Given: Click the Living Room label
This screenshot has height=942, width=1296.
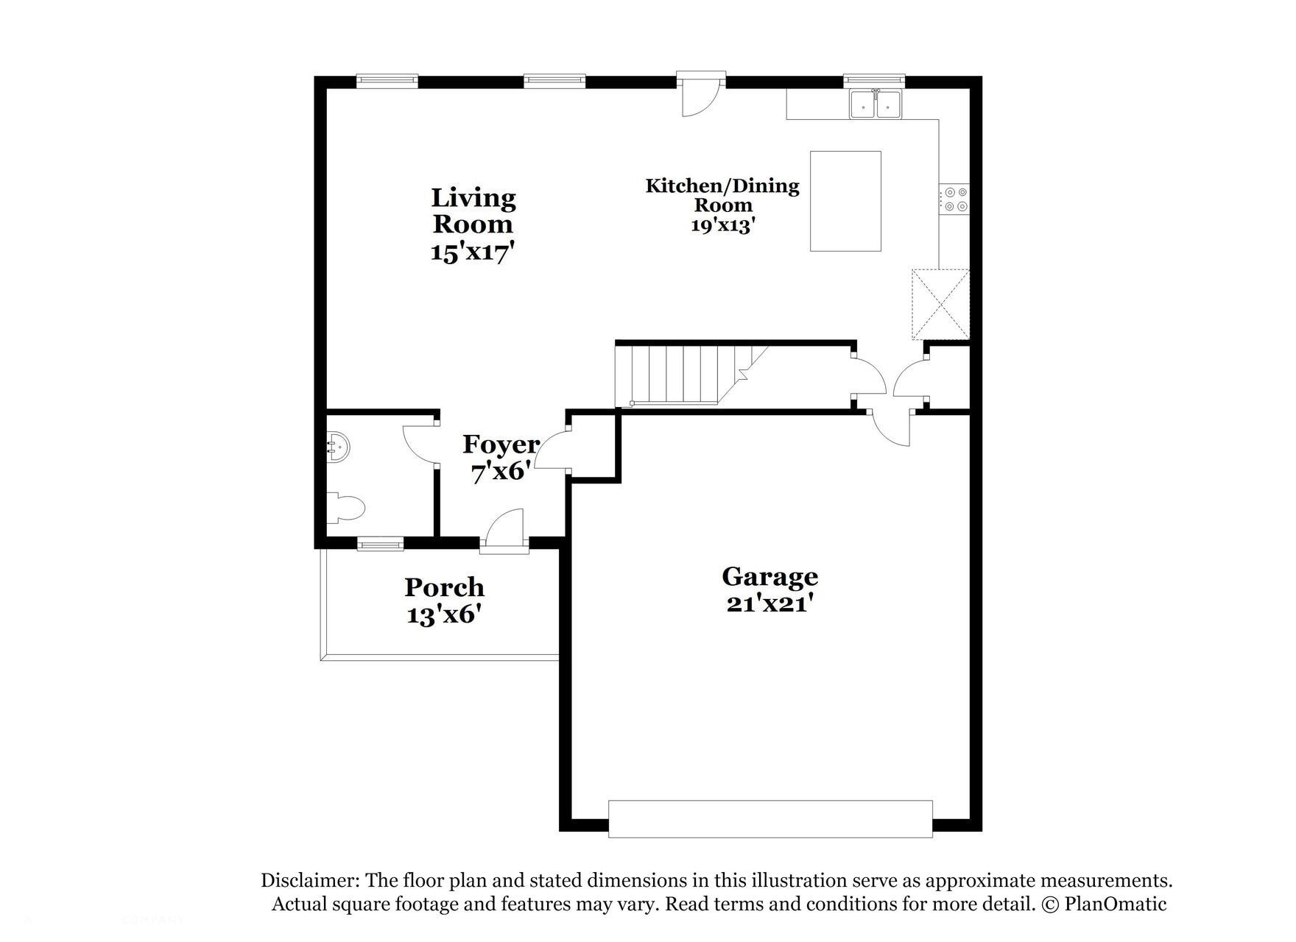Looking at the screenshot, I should coord(473,210).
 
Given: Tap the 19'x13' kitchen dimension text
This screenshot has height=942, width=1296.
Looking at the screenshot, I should coord(723,225).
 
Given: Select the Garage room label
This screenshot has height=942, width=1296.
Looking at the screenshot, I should coord(769,576).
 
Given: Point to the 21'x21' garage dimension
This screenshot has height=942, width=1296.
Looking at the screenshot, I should coord(769,603).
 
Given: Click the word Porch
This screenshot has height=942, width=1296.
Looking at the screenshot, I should coord(444,587).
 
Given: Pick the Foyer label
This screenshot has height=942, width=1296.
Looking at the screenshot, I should coord(501,445).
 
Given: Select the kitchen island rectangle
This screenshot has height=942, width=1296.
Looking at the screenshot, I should coord(845,201).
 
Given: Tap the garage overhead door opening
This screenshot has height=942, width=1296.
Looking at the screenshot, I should coord(770,818).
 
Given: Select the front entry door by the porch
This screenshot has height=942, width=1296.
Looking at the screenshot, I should coord(504,531).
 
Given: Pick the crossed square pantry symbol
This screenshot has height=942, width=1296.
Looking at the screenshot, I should coord(940,305).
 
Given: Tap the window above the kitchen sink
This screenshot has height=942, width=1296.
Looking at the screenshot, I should coord(873,78).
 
